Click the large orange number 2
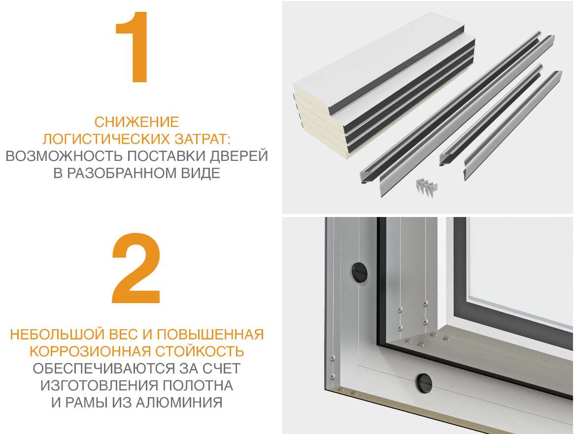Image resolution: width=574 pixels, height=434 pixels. point(136,268)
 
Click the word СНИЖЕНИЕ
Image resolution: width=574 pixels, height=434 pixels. point(136,122)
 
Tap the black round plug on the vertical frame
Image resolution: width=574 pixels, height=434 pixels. point(358,271)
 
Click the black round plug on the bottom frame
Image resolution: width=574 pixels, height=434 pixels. point(424,381)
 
